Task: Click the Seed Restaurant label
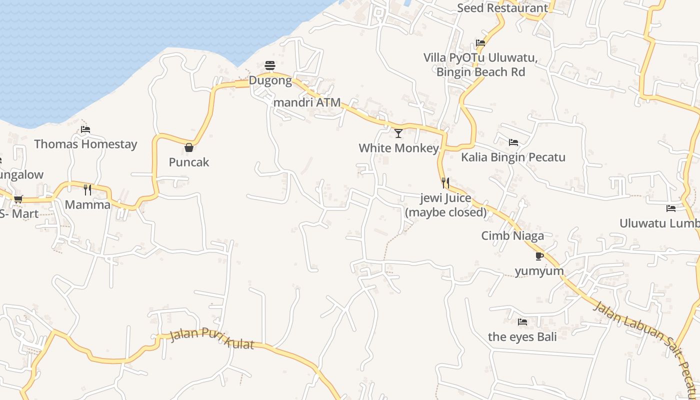502,8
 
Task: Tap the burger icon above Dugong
270,65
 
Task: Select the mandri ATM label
307,102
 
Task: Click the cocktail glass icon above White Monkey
398,133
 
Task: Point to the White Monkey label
398,148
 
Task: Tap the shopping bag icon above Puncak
189,147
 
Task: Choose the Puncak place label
189,162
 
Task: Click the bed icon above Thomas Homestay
85,129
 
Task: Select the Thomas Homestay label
85,144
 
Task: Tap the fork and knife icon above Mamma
87,189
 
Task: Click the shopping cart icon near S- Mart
18,199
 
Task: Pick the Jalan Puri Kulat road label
212,338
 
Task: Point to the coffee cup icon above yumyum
539,256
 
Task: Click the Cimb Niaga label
512,235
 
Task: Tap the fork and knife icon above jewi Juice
445,183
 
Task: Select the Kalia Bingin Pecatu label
513,157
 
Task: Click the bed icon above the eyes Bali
522,322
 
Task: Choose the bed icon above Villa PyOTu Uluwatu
480,43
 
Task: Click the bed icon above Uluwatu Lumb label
671,208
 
